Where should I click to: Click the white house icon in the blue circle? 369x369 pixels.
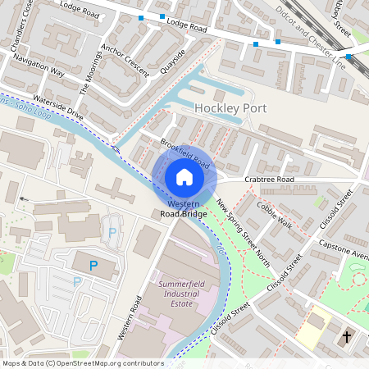[x=184, y=176]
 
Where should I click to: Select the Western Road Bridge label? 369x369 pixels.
[x=184, y=208]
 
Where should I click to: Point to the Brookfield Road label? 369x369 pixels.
[x=180, y=152]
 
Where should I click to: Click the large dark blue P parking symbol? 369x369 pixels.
[x=93, y=265]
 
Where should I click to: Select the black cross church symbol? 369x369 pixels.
[x=346, y=336]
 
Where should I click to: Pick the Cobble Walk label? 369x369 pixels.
[x=273, y=213]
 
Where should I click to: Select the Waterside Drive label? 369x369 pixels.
[x=59, y=108]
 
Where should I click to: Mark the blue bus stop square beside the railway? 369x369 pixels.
[x=348, y=57]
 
